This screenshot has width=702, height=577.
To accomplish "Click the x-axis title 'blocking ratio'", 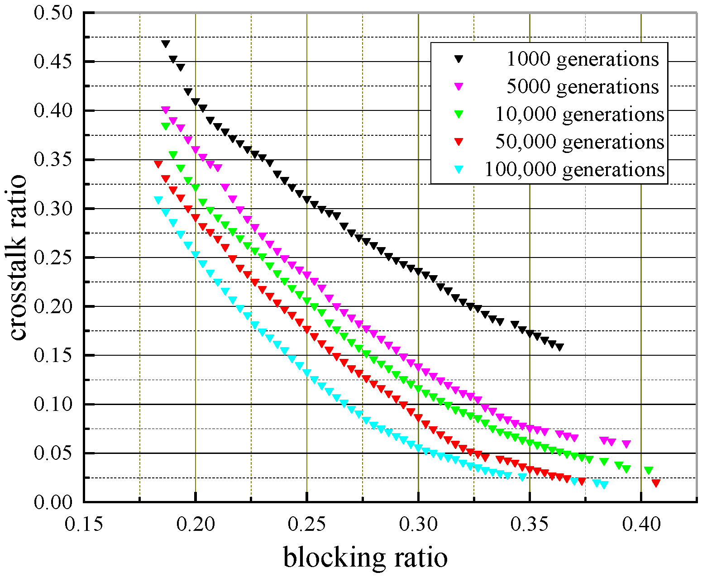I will (365, 557).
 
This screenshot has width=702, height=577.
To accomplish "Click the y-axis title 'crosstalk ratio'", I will (18, 258).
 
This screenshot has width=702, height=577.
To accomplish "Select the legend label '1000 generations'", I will (582, 59).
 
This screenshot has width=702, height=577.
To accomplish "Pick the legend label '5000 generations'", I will (582, 86).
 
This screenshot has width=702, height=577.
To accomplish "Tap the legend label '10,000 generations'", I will (579, 114).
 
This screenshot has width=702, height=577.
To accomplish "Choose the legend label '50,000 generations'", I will (579, 142).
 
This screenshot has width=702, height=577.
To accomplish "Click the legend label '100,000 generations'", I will (574, 169).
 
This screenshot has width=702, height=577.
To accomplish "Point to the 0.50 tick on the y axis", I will (53, 13).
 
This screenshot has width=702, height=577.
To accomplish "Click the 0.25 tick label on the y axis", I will (53, 258).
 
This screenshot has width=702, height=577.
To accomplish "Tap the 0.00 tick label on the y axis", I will (53, 502).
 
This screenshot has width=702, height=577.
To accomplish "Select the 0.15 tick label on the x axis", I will (84, 524).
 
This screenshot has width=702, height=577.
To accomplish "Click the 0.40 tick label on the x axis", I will (641, 524).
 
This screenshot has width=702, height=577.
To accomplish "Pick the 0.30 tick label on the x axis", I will (418, 524).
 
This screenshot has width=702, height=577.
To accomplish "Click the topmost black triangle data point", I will (166, 44).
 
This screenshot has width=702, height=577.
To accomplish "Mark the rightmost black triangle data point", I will (560, 347).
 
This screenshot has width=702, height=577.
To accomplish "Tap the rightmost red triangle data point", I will (656, 483).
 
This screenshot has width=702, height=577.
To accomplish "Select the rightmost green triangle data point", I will (649, 470).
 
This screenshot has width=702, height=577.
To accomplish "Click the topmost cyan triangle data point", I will (158, 200).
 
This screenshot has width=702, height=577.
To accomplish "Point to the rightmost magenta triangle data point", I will (626, 444).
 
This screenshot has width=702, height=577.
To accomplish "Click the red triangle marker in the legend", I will (459, 142).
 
